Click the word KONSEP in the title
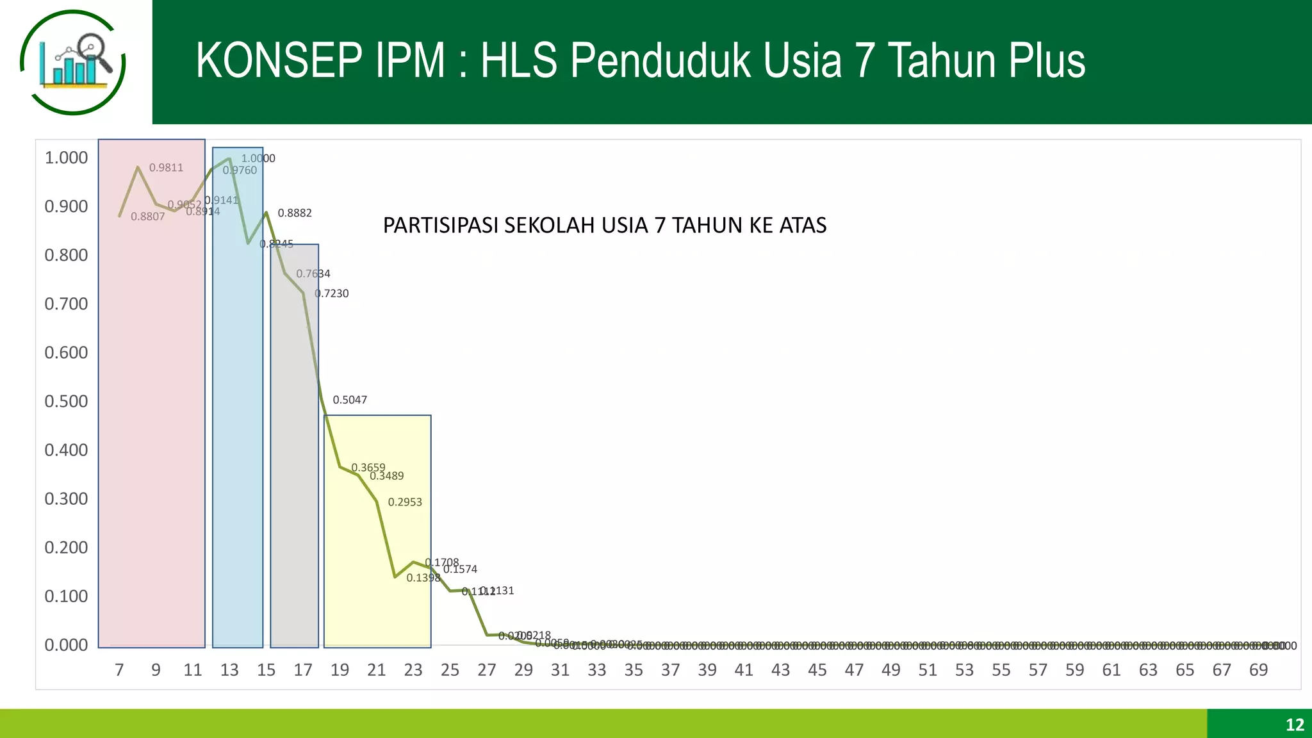coord(279,61)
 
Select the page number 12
coord(1295,725)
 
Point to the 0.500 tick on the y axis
coord(66,402)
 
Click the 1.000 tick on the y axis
coord(66,158)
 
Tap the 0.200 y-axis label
coord(66,548)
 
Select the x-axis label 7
coord(119,670)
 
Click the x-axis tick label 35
coord(634,670)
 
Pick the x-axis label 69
coord(1258,670)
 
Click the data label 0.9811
coord(166,168)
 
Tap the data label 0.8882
coord(295,213)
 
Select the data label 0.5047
coord(350,400)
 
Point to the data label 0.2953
coord(405,502)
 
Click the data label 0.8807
coord(148,217)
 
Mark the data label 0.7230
coord(332,294)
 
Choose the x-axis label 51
coord(928,670)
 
